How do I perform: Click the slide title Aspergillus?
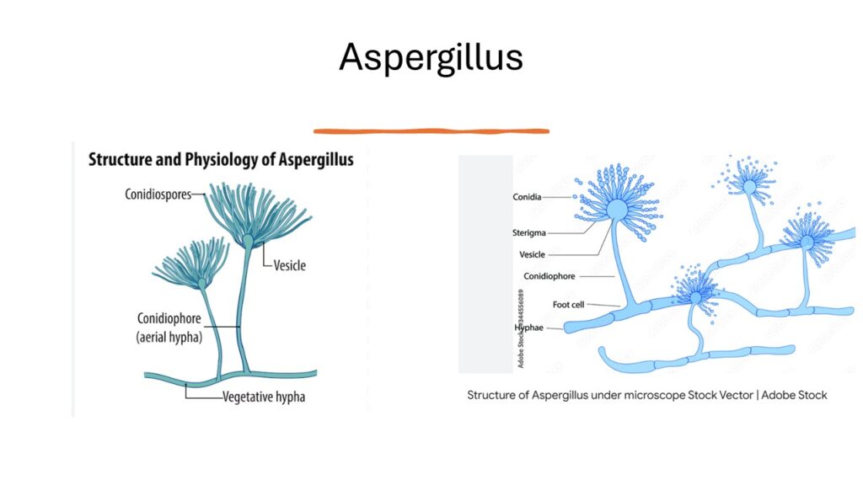click(x=431, y=57)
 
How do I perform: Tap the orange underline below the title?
click(x=431, y=131)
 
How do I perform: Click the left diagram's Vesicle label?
click(x=289, y=264)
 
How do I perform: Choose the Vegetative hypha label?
click(x=264, y=397)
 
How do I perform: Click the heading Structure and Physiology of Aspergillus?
click(x=221, y=159)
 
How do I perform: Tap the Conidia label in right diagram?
click(x=527, y=197)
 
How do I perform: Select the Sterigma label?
click(x=530, y=232)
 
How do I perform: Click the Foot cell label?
click(x=568, y=304)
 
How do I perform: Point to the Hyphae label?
click(x=528, y=327)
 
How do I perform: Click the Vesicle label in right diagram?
click(x=532, y=253)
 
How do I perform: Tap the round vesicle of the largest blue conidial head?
click(x=617, y=208)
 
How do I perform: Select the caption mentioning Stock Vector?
click(x=647, y=395)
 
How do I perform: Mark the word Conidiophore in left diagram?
click(x=169, y=319)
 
